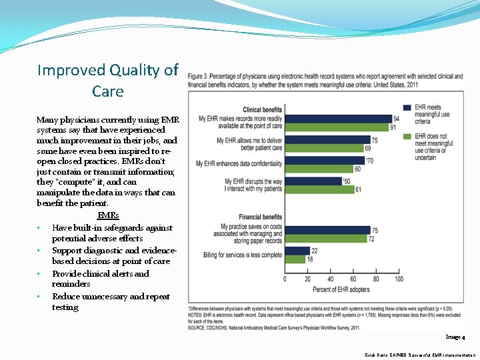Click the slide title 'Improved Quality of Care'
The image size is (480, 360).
(x=108, y=80)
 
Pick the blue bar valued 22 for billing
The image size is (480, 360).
(x=297, y=251)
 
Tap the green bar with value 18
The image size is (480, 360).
(x=295, y=259)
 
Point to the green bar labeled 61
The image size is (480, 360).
(x=319, y=189)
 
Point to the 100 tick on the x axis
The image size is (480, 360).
(x=399, y=279)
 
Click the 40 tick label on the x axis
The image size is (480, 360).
(x=331, y=279)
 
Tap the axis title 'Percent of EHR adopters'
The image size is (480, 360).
(x=342, y=289)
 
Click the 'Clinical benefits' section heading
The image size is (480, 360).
(x=263, y=109)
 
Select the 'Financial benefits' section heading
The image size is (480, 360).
(x=261, y=217)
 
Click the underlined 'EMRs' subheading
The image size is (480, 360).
(x=108, y=215)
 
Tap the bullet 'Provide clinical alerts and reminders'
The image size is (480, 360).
(x=101, y=279)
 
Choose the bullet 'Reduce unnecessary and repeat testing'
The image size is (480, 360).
(x=111, y=301)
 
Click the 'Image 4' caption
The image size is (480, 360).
(x=455, y=338)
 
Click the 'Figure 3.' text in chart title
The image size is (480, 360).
(x=199, y=77)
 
